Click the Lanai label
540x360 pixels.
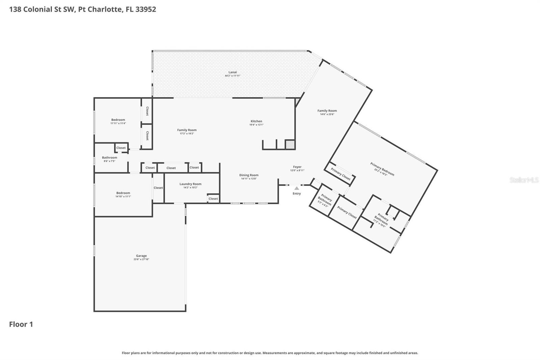click(233, 72)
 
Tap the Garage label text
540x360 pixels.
click(141, 256)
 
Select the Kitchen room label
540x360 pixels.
click(256, 121)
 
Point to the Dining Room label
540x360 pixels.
click(249, 175)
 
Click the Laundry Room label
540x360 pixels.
click(190, 184)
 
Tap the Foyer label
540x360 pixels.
click(297, 167)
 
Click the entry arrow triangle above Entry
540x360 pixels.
click(296, 188)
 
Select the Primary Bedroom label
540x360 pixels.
click(382, 169)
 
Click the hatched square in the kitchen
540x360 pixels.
click(290, 145)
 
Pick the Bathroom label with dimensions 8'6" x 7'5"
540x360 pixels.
click(109, 158)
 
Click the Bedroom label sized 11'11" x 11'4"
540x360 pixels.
click(118, 120)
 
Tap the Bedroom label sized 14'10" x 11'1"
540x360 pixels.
click(123, 193)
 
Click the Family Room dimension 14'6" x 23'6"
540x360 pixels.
click(327, 114)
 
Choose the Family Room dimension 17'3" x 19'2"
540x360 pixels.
click(187, 134)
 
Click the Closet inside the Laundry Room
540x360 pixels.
click(213, 199)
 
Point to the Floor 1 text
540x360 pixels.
click(21, 325)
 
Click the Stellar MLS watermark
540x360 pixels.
click(524, 180)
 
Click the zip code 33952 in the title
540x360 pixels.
click(145, 9)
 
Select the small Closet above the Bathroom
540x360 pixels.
click(121, 148)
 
